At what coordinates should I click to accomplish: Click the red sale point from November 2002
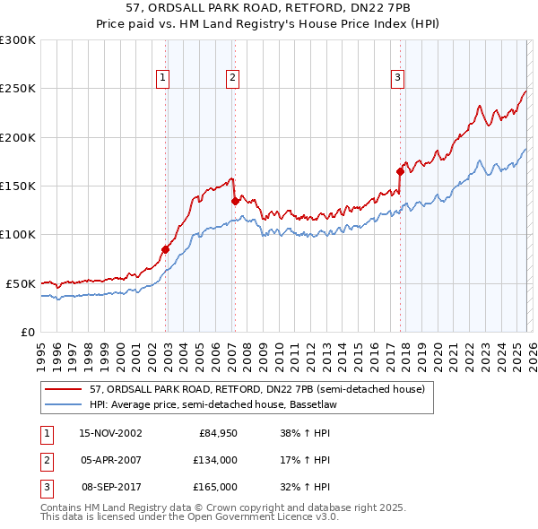click(166, 249)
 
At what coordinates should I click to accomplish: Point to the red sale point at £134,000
click(235, 202)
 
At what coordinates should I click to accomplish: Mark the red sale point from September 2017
click(400, 171)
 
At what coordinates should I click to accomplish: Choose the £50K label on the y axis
click(21, 283)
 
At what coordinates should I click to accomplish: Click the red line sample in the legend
click(64, 390)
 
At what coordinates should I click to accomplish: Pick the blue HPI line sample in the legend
click(64, 404)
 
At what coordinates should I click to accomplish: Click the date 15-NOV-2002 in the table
click(110, 433)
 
